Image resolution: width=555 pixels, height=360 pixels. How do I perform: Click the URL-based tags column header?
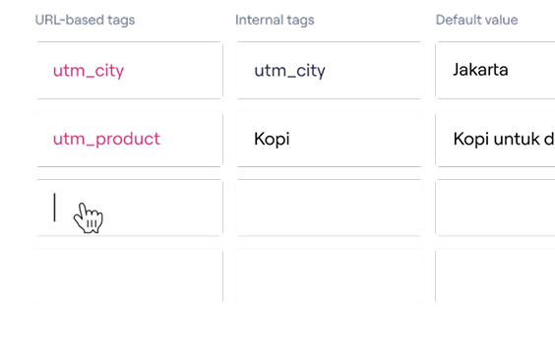click(85, 20)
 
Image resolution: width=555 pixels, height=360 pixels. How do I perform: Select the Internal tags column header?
click(275, 20)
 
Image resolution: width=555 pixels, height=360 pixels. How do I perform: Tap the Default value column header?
click(477, 20)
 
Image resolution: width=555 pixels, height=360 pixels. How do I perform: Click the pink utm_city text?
click(89, 71)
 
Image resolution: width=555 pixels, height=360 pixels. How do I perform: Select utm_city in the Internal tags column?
click(289, 71)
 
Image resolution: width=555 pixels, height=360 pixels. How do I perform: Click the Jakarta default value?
click(480, 70)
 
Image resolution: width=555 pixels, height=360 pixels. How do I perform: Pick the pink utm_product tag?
click(106, 139)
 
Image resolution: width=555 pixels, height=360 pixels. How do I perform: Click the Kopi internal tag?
click(272, 139)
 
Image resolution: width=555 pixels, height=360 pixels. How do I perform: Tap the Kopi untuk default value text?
click(504, 139)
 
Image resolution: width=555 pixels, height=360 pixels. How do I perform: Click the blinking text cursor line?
click(54, 208)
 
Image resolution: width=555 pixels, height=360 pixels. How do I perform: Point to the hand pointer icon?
click(89, 217)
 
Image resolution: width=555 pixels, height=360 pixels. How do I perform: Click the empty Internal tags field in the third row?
click(330, 208)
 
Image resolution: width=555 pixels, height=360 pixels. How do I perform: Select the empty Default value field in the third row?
click(495, 208)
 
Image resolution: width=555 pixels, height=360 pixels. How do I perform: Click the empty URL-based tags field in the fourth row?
click(129, 276)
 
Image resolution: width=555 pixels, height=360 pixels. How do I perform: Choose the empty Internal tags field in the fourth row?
click(330, 276)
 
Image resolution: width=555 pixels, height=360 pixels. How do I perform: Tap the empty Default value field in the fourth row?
click(495, 276)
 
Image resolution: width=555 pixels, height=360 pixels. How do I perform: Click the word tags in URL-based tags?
click(121, 21)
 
